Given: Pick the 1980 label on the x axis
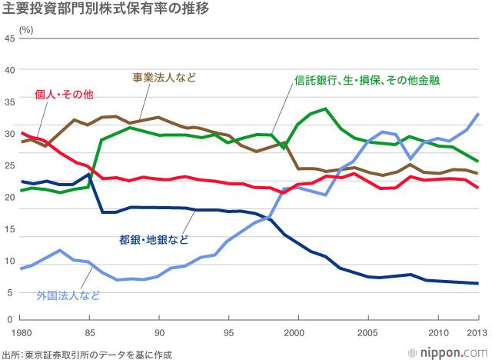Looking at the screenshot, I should tap(21, 332).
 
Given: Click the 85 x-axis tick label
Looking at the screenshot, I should tap(90, 332).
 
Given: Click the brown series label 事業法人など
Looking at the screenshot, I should tap(163, 77).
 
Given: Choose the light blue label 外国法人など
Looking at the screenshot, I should tap(68, 294).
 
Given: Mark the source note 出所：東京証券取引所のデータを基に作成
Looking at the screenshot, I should tap(86, 354).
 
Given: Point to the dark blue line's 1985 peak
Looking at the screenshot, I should tap(90, 174).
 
